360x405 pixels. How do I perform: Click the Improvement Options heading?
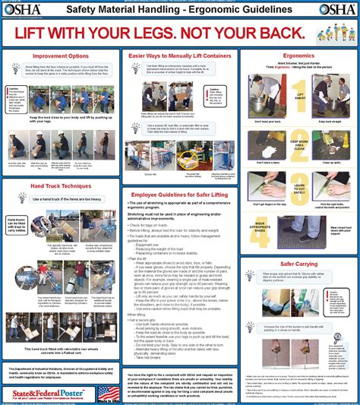pyautogui.click(x=60, y=56)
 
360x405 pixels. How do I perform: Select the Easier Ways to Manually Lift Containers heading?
pyautogui.click(x=180, y=56)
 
